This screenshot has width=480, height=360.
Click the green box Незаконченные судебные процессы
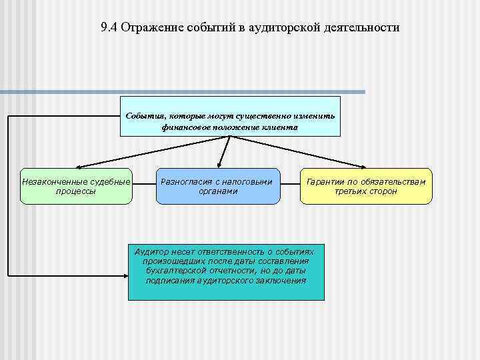click(x=76, y=186)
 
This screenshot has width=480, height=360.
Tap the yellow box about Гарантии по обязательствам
click(x=366, y=186)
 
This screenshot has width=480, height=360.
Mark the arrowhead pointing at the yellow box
click(x=364, y=166)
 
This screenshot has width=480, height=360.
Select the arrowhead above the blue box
click(x=221, y=165)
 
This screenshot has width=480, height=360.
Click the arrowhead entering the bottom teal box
click(x=125, y=274)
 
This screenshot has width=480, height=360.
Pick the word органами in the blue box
click(x=219, y=191)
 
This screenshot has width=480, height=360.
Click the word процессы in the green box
click(x=76, y=191)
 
